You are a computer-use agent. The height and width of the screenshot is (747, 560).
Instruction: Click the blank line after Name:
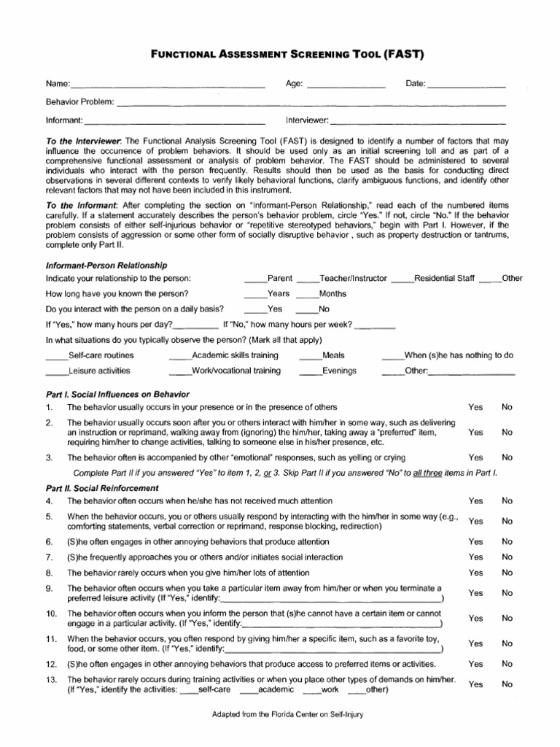click(168, 87)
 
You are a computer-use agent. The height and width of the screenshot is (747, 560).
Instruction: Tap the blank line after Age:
click(346, 87)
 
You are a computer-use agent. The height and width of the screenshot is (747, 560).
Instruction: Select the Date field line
click(467, 87)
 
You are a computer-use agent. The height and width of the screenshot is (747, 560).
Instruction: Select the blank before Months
click(307, 296)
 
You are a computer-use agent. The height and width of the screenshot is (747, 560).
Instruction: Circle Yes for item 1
click(475, 407)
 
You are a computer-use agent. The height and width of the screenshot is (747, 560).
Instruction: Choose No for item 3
click(507, 457)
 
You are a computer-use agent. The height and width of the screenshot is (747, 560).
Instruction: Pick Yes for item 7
click(475, 557)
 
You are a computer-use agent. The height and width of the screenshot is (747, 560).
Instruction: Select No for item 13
click(507, 684)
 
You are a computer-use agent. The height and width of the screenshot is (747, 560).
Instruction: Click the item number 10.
click(51, 614)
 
